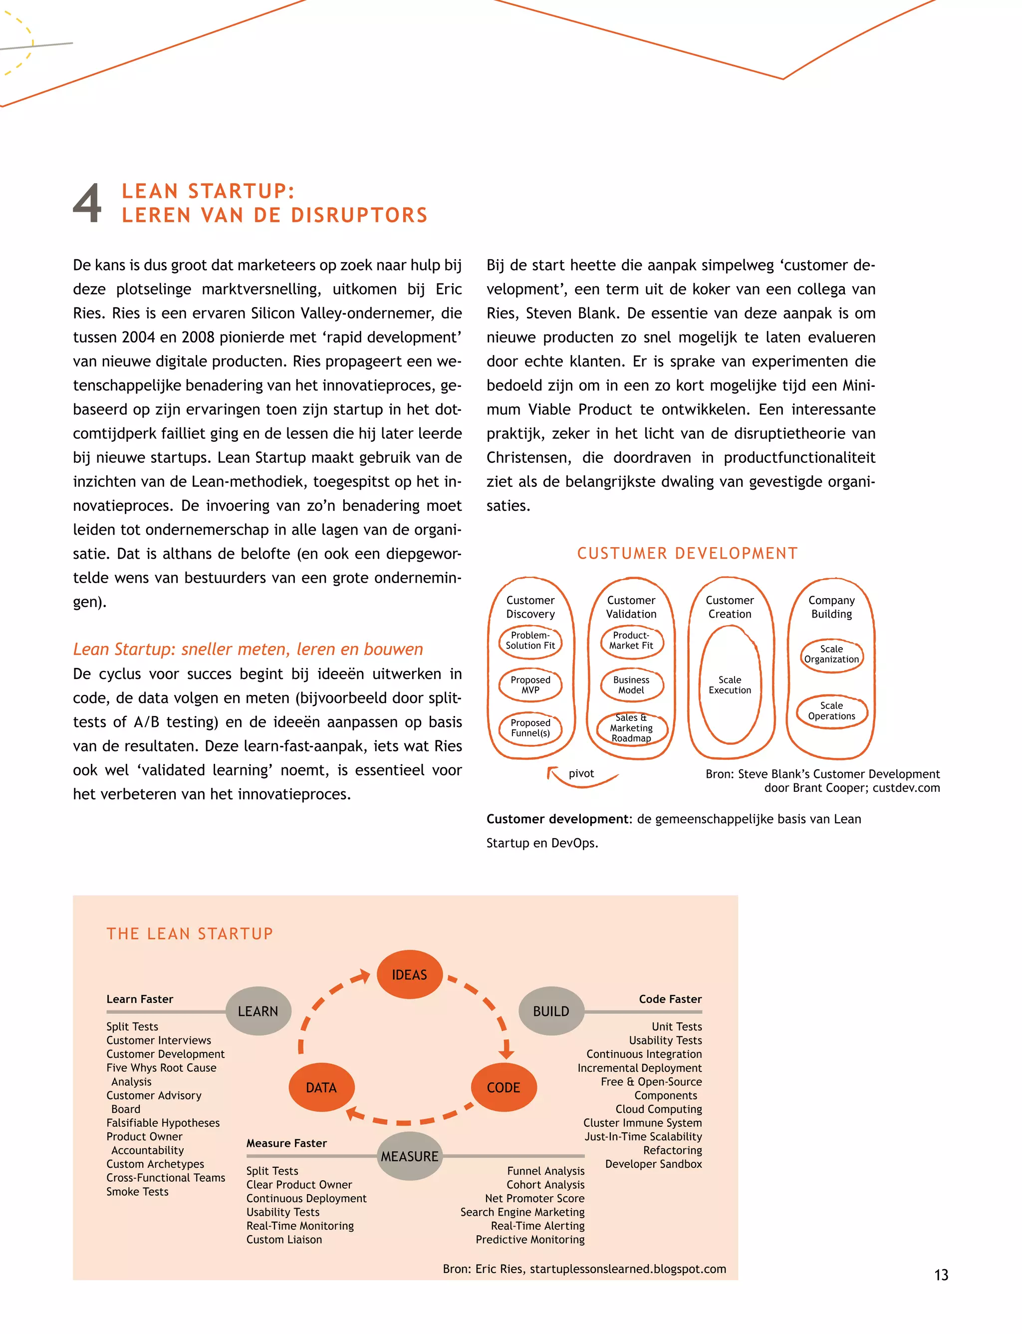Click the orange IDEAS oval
pyautogui.click(x=409, y=975)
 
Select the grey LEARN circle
pyautogui.click(x=258, y=1011)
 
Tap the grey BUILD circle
pyautogui.click(x=551, y=1011)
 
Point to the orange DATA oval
pyautogui.click(x=321, y=1087)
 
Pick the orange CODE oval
pyautogui.click(x=504, y=1087)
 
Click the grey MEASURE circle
pyautogui.click(x=409, y=1156)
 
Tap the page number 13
pyautogui.click(x=941, y=1275)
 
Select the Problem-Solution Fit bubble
pyautogui.click(x=530, y=641)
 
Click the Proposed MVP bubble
pyautogui.click(x=530, y=684)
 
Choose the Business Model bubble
pyautogui.click(x=631, y=684)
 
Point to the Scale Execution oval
pyautogui.click(x=730, y=684)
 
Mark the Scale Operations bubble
pyautogui.click(x=831, y=711)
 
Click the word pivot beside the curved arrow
pyautogui.click(x=581, y=773)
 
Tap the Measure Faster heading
pyautogui.click(x=286, y=1143)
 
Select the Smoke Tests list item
pyautogui.click(x=138, y=1192)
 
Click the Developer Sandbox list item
pyautogui.click(x=653, y=1164)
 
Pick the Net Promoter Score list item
pyautogui.click(x=535, y=1198)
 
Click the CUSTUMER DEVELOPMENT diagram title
pyautogui.click(x=688, y=553)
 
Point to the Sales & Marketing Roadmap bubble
pyautogui.click(x=631, y=728)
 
